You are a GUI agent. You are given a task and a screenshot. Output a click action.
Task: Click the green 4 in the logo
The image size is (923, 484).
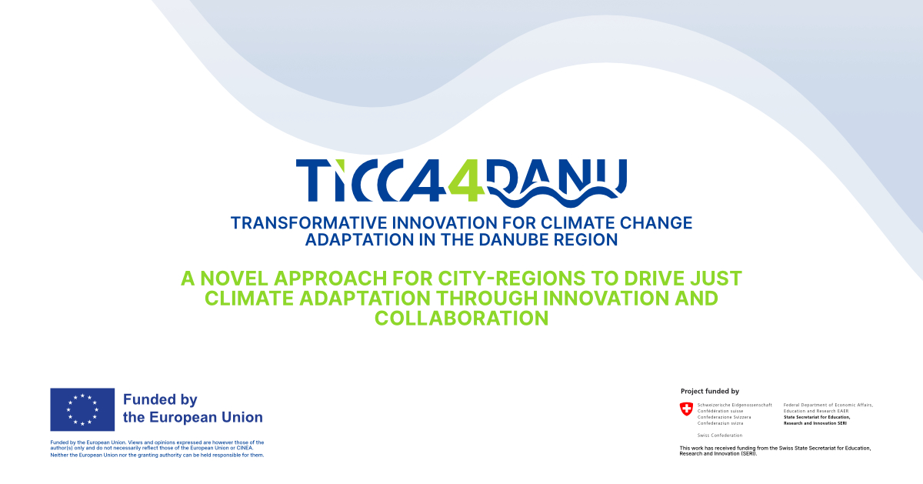466,181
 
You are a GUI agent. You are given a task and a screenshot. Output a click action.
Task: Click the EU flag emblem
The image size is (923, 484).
82,409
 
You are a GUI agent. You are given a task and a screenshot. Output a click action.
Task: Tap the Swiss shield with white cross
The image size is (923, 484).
686,409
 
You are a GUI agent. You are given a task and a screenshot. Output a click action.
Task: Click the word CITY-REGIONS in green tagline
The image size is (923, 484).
511,279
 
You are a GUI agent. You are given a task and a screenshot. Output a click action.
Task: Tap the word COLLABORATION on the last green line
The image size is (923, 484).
461,319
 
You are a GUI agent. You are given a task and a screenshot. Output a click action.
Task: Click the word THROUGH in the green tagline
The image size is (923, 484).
487,299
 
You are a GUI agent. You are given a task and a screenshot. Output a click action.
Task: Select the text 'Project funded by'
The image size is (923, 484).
709,391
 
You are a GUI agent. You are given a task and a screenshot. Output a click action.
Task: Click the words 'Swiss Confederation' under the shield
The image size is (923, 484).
719,436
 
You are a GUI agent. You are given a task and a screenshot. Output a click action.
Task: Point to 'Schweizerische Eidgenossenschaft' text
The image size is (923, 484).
735,406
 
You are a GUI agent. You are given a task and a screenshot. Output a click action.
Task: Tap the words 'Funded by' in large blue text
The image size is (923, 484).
160,399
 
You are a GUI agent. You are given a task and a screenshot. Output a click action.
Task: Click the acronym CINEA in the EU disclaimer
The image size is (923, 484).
245,448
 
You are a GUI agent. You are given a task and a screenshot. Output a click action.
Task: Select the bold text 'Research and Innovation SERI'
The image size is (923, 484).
815,423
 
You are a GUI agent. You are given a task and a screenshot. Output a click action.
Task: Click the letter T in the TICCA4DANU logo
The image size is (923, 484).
313,181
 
